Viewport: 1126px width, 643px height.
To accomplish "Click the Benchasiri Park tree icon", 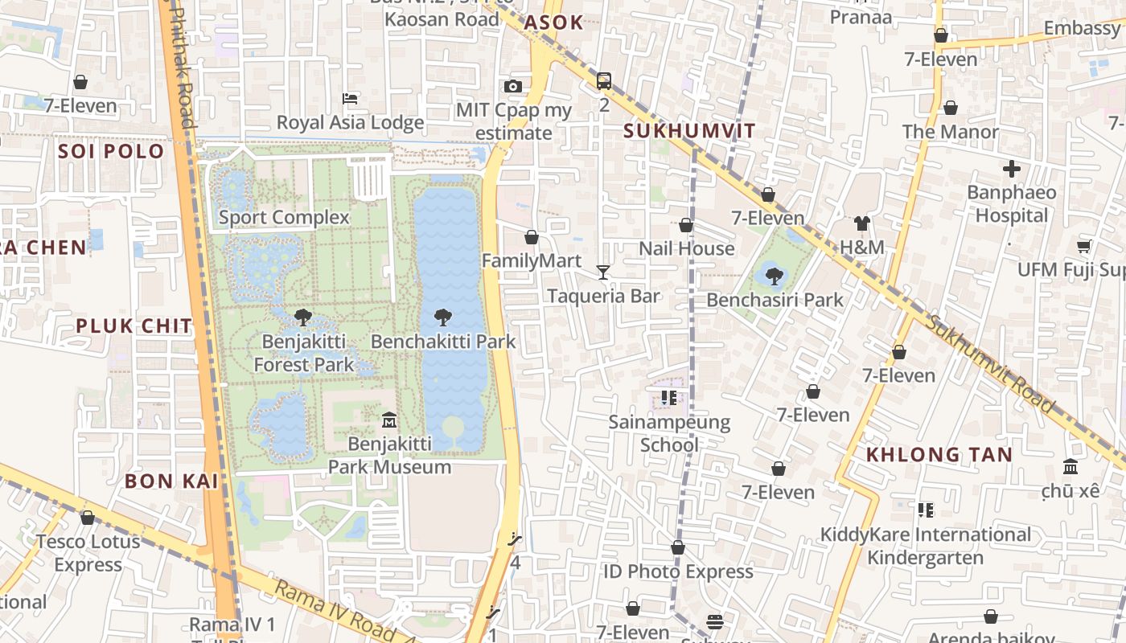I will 774,276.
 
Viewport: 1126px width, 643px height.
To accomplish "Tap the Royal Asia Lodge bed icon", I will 350,99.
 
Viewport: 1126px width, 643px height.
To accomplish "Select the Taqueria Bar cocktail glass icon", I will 603,272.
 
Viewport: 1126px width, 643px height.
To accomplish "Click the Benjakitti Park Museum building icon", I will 389,420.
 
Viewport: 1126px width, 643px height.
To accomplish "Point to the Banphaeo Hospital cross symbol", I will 1012,169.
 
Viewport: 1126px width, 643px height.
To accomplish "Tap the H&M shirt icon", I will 862,223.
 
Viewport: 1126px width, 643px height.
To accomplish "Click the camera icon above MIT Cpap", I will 513,86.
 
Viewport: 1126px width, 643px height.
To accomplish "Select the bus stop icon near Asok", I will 604,81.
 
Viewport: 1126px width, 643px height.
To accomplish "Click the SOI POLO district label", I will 111,151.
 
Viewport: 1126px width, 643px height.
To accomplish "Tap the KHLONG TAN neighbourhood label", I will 939,454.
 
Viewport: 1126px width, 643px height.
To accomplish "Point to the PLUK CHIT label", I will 134,326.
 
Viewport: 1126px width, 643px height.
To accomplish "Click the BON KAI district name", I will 172,481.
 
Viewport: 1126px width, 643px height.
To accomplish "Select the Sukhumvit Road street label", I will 989,364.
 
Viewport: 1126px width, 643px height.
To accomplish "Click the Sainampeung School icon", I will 668,397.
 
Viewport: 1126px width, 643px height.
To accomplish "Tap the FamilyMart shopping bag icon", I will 531,237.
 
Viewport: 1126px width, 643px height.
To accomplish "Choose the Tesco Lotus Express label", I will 88,553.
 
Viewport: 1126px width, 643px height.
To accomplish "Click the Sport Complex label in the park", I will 284,217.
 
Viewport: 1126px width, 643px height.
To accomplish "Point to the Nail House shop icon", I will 686,226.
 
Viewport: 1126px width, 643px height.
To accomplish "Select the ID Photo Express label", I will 678,571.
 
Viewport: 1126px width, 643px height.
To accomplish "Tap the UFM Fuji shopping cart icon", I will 1084,246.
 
